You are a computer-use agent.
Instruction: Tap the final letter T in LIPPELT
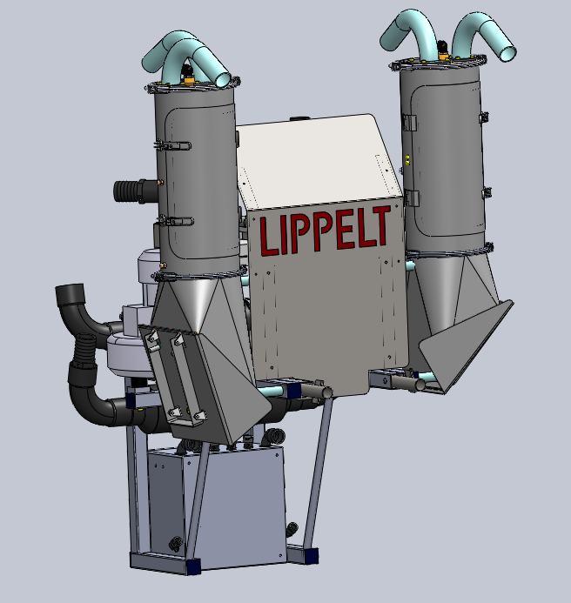[x=381, y=225]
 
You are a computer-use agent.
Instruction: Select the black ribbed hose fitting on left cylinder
[x=136, y=191]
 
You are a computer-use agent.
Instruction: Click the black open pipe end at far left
[x=70, y=294]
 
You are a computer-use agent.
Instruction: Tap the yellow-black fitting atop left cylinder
[x=188, y=75]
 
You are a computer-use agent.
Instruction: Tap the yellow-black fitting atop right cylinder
[x=443, y=50]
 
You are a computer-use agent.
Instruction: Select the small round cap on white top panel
[x=298, y=118]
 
